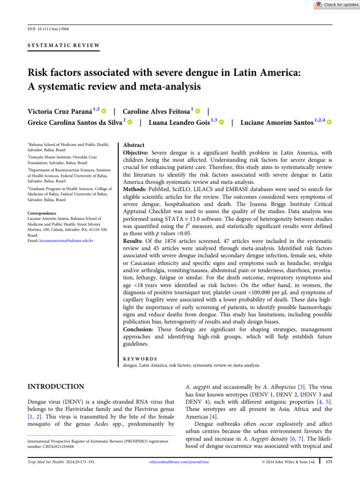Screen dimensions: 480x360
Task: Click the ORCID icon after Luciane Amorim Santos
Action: (330, 123)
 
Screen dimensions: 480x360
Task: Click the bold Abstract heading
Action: (134, 146)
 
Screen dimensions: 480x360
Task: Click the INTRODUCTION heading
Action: (56, 387)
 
